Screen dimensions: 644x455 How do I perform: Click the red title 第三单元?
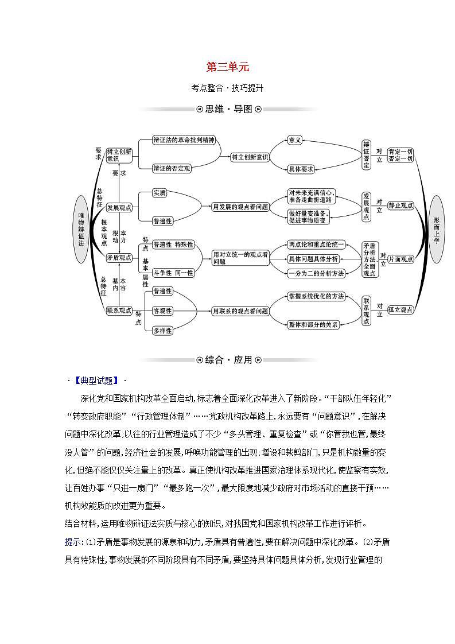coord(227,67)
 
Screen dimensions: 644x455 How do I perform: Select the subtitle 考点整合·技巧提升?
coord(227,88)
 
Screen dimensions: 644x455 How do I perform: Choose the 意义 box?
coord(295,140)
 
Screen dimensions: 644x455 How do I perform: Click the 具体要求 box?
coord(301,169)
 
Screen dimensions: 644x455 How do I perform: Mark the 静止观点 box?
coord(400,205)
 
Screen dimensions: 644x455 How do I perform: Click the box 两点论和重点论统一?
coord(316,245)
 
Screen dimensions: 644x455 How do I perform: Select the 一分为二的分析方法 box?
coord(316,273)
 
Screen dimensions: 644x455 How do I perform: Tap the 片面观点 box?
coord(400,259)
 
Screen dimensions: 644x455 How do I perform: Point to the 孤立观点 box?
coord(400,310)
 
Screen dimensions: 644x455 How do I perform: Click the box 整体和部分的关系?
coord(313,324)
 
